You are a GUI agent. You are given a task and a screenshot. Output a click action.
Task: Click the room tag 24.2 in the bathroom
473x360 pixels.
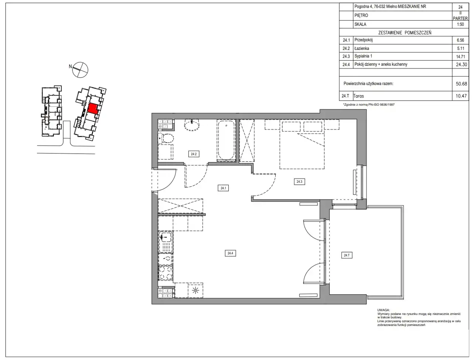coord(194,154)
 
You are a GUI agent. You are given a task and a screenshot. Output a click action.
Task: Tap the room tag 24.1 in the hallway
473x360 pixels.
coord(223,188)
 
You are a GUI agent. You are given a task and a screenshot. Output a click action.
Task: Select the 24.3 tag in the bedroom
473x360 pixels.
coord(299,182)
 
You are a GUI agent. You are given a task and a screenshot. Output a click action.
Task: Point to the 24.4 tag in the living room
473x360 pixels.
coord(230,253)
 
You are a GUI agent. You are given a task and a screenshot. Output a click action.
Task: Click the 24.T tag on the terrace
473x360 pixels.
coord(347,255)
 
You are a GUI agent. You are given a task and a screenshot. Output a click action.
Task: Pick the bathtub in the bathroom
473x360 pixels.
coord(226,140)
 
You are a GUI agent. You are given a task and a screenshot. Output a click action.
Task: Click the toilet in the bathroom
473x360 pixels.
coord(166,138)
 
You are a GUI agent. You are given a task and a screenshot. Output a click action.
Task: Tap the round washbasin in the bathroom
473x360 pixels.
coord(192,125)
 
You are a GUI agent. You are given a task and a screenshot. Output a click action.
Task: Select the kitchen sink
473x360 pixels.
coord(166,242)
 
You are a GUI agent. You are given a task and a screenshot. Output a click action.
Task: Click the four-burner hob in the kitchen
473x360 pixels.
coord(166,273)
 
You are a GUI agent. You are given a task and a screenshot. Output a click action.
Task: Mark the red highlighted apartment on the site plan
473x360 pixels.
coord(93,109)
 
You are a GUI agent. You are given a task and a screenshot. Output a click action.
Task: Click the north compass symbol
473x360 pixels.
coord(80,70)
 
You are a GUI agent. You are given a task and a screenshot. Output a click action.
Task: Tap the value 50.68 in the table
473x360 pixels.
coord(461,83)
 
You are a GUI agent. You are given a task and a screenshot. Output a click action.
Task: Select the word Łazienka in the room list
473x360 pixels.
coord(362,48)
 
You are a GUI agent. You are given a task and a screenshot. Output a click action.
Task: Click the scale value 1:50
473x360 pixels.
coord(460,24)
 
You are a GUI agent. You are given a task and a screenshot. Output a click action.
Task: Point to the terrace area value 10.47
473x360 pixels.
coord(461,96)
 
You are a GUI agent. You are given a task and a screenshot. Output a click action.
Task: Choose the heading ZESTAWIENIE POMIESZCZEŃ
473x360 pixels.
coord(405,33)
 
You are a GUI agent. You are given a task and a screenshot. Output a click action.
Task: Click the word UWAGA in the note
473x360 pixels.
coord(383,310)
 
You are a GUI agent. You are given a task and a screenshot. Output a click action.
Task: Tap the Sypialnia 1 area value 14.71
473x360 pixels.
coord(460,56)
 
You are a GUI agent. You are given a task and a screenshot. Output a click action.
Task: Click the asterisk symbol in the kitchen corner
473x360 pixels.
coord(195,291)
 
